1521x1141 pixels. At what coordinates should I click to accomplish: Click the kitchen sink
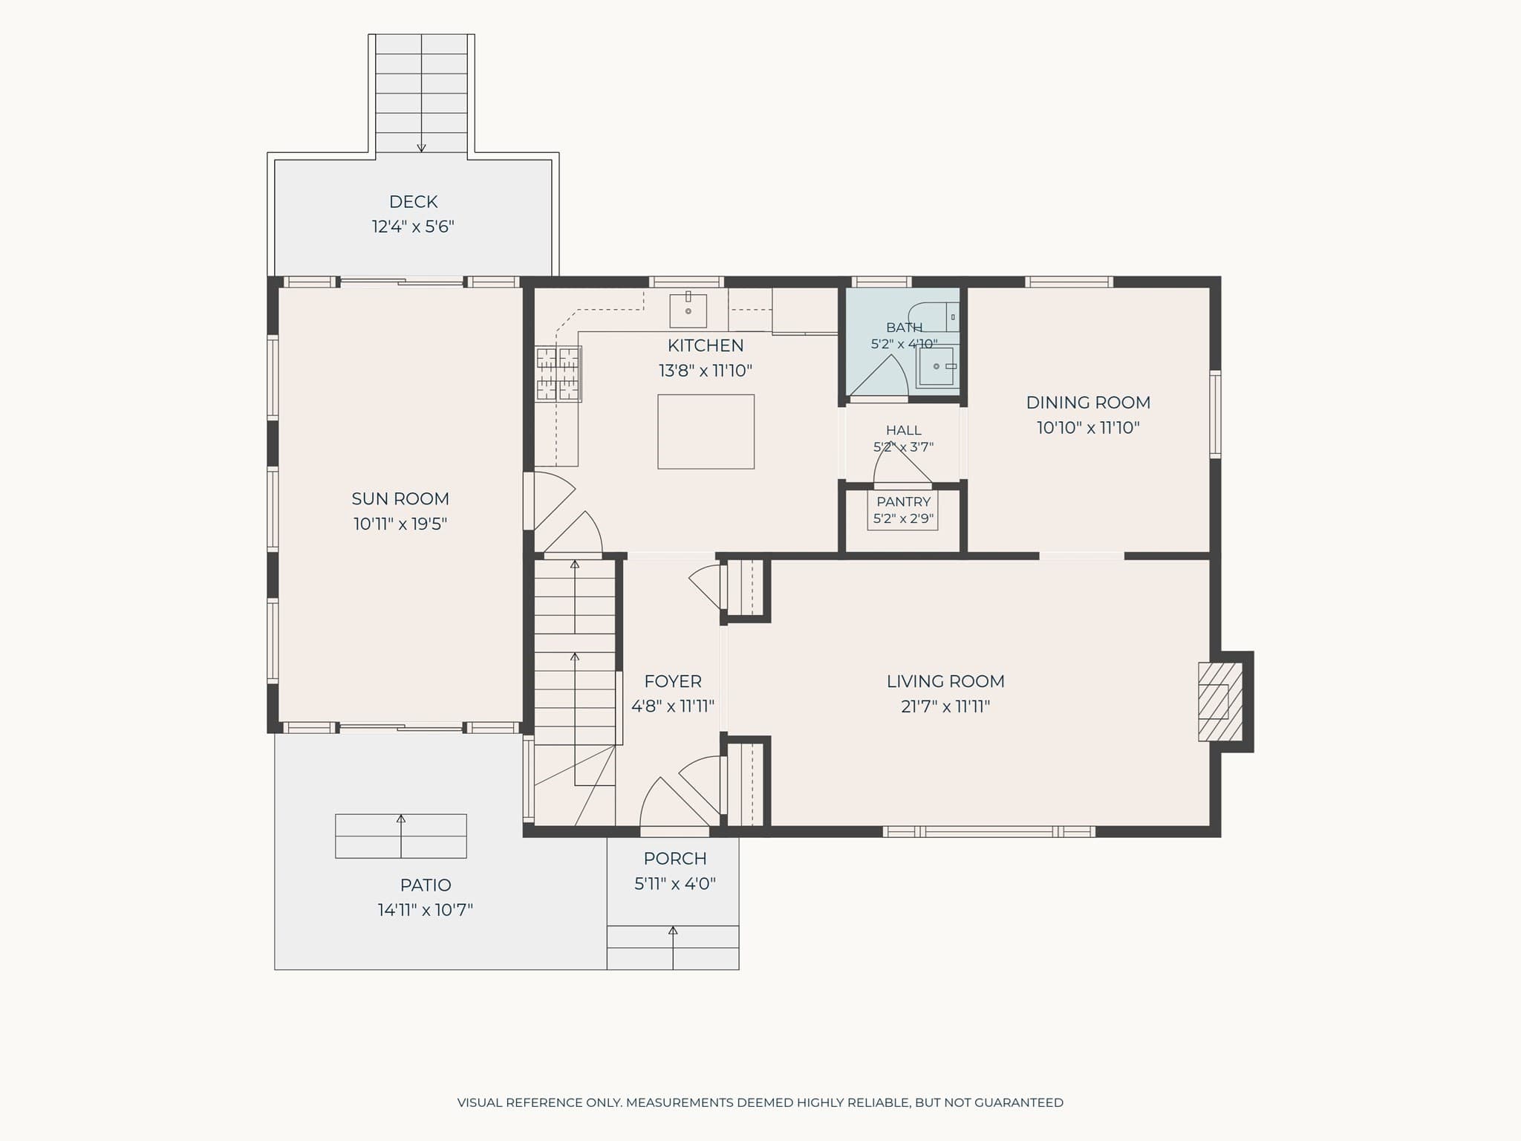688,311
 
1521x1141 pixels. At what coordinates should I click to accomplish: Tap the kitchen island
706,432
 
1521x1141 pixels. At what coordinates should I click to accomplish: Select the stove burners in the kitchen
558,374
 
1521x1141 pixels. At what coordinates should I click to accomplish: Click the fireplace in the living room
1219,702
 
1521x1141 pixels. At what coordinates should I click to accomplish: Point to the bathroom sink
936,366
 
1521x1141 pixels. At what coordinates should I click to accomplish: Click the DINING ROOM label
1088,403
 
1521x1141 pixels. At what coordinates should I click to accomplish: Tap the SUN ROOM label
400,498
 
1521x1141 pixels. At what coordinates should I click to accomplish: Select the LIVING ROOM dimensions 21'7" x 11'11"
945,706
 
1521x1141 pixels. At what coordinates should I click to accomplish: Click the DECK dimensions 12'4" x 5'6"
413,227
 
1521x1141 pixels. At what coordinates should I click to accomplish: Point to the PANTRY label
903,502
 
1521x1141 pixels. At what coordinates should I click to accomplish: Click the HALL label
903,430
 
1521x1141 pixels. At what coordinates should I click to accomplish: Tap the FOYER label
673,681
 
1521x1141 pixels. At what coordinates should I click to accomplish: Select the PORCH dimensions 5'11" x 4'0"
674,884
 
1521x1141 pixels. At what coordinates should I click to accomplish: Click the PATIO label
426,885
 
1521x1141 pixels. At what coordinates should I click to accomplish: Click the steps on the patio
401,836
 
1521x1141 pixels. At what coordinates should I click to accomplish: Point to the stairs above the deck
421,93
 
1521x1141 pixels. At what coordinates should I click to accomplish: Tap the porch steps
673,947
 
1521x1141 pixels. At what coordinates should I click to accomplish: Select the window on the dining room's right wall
1215,414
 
